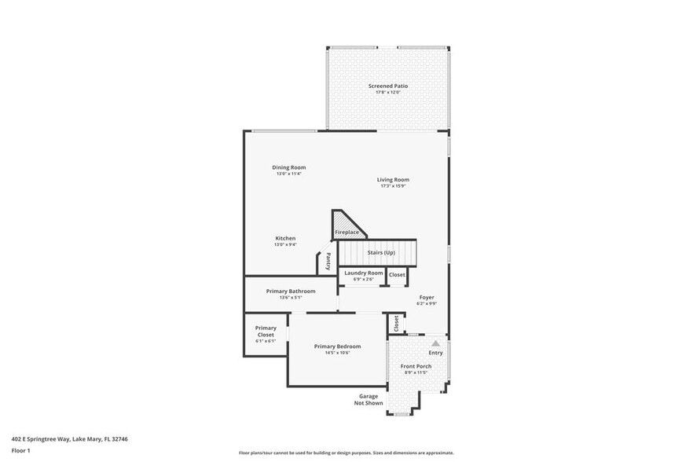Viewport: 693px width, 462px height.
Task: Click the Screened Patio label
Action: [388, 86]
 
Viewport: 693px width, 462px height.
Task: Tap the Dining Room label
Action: [288, 167]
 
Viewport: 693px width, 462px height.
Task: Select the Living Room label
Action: [393, 180]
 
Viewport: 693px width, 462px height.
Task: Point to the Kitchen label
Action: [285, 238]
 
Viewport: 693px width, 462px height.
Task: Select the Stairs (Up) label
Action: [381, 252]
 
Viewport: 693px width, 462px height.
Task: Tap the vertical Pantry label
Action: [328, 261]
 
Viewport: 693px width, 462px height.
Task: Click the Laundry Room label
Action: [364, 273]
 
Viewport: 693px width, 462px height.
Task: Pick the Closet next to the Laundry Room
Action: [398, 274]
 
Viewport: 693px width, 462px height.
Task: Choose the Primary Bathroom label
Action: [291, 291]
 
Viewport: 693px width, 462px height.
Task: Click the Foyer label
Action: [427, 298]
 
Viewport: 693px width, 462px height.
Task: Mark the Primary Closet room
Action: [266, 334]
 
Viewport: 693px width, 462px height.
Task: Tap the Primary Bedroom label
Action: [337, 346]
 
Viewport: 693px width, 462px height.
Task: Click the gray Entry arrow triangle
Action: [435, 343]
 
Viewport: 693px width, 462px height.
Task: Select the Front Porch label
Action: [416, 366]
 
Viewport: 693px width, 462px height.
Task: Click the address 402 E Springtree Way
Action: [69, 439]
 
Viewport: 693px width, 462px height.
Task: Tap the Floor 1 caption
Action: [20, 451]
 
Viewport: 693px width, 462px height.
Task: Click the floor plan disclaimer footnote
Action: [346, 453]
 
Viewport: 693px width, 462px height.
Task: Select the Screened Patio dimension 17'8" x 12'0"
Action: [388, 93]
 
